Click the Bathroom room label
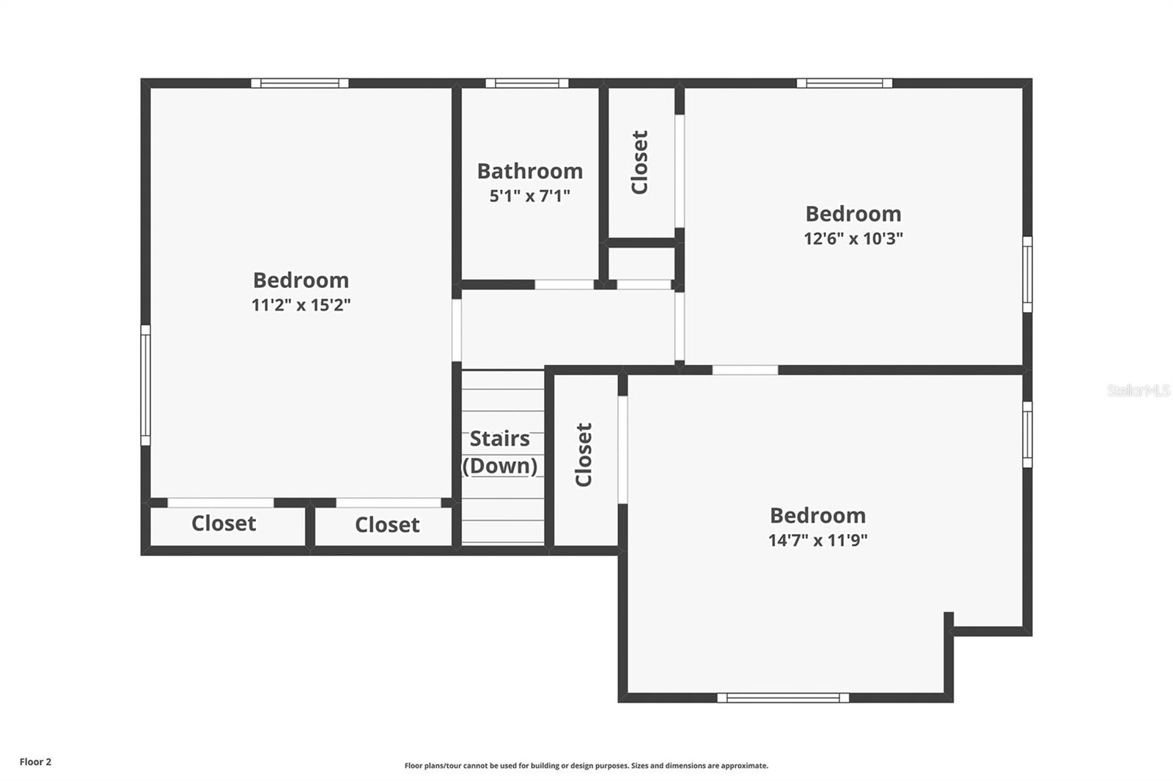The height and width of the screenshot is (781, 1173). click(x=529, y=171)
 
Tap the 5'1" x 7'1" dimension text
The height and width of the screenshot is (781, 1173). click(x=529, y=196)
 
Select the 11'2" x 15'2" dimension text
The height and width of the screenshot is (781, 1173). click(x=301, y=306)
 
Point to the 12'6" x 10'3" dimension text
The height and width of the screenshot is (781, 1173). click(x=853, y=239)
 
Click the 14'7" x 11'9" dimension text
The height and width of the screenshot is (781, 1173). click(x=817, y=541)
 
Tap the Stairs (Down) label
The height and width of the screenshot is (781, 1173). click(x=499, y=452)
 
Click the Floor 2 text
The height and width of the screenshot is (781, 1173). click(x=35, y=762)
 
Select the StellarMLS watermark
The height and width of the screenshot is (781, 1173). click(x=1138, y=390)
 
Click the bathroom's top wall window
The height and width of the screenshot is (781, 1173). click(x=526, y=84)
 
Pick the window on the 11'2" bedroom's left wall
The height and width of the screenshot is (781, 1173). click(x=145, y=385)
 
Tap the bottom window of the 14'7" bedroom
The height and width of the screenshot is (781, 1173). click(x=782, y=697)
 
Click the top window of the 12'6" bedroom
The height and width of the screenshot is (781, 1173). click(x=844, y=84)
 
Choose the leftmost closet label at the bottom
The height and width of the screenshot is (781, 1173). click(x=224, y=524)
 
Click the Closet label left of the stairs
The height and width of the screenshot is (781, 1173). click(x=387, y=525)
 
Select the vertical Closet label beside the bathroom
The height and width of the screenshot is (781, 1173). click(x=640, y=162)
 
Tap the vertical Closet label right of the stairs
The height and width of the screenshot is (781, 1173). click(x=584, y=454)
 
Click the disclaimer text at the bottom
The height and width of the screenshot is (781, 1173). click(x=586, y=766)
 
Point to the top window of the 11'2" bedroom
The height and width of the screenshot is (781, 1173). click(x=299, y=84)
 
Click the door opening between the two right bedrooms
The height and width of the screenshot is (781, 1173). click(x=745, y=370)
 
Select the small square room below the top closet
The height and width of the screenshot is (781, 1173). click(x=641, y=263)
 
